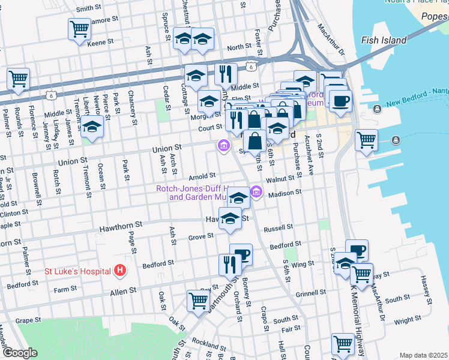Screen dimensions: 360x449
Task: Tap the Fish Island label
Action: (384, 41)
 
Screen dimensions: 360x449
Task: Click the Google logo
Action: (20, 353)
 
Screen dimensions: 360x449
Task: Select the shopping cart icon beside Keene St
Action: (79, 28)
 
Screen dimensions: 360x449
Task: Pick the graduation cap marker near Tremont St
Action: (92, 127)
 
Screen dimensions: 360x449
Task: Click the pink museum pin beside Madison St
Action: (256, 192)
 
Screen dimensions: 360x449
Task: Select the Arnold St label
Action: (202, 176)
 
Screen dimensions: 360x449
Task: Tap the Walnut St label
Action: (281, 178)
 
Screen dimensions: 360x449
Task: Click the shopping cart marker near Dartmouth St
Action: (198, 300)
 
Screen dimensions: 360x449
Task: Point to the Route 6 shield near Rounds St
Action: (52, 95)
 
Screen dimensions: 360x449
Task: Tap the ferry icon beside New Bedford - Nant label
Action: (377, 109)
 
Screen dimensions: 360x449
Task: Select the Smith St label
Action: (88, 8)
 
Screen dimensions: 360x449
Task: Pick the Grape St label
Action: (28, 320)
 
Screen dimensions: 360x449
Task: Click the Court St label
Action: (210, 127)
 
